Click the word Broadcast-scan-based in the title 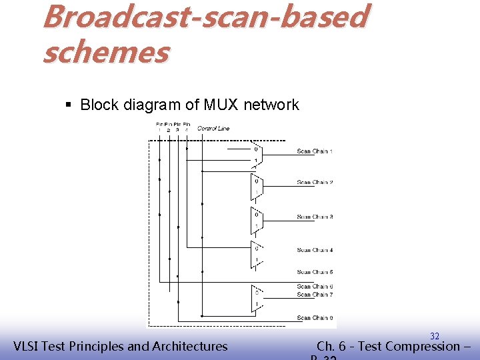click(x=204, y=17)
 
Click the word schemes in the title click(x=106, y=51)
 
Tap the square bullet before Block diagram click(x=69, y=105)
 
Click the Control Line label click(x=213, y=128)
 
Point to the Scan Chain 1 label click(x=315, y=152)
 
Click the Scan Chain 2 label click(x=315, y=182)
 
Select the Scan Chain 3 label click(x=315, y=217)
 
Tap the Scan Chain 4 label click(x=315, y=250)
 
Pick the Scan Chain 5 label click(x=315, y=272)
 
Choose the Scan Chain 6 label click(x=315, y=287)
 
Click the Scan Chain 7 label click(x=315, y=295)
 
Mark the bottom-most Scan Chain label click(x=315, y=318)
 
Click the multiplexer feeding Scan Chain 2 click(x=257, y=186)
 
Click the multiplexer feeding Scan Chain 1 click(x=257, y=155)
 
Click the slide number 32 click(x=434, y=336)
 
